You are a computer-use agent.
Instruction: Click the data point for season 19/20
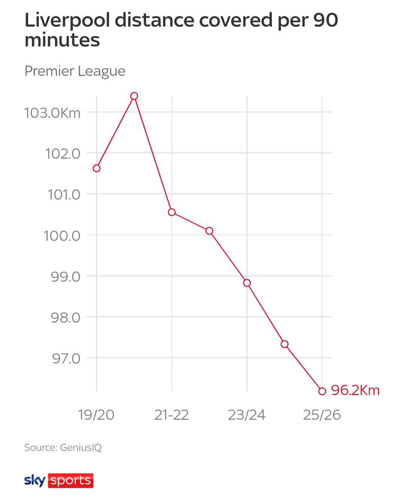point(96,168)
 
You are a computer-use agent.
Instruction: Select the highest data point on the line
point(134,96)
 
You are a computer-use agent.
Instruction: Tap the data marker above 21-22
point(172,212)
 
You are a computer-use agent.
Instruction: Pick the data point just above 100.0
point(209,231)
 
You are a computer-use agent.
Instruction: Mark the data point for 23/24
point(247,283)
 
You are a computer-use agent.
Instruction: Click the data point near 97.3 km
point(285,344)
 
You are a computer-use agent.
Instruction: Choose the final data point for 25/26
point(322,391)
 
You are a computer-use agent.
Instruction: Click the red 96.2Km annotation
point(355,390)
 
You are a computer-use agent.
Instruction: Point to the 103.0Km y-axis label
point(52,113)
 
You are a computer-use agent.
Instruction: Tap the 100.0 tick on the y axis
point(62,236)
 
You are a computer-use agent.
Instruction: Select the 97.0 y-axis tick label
point(66,359)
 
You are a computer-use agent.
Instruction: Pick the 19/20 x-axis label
point(96,415)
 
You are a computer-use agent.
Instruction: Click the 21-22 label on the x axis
point(172,415)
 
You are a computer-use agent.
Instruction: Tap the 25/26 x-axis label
point(322,415)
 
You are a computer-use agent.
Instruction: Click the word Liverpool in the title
point(67,21)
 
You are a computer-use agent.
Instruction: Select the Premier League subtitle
point(75,71)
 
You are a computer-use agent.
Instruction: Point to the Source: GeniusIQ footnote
point(63,447)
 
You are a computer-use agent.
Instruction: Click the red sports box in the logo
point(70,480)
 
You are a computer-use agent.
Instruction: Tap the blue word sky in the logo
point(35,480)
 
